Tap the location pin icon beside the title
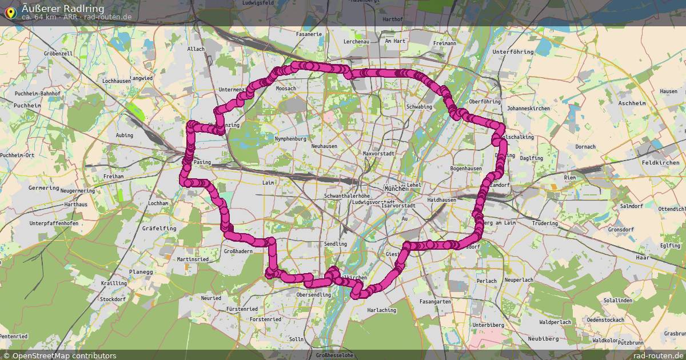10,11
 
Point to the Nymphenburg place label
291,139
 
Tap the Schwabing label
418,107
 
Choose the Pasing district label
202,162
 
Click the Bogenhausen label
467,169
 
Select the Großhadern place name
238,251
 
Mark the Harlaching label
381,310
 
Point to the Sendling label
335,244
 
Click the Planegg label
141,272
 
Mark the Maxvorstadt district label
378,154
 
